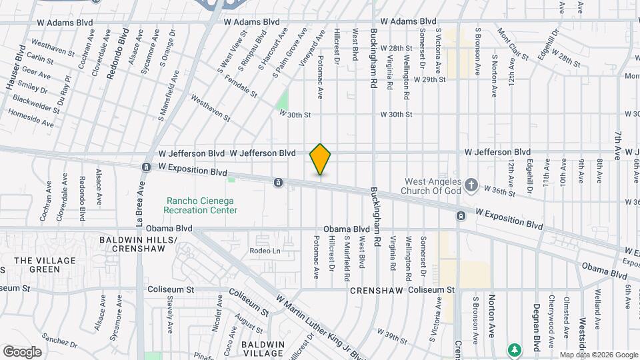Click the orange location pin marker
(321, 159)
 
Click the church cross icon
(471, 184)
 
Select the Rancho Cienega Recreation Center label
(201, 205)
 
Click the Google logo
(22, 351)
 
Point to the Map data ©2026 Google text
(598, 355)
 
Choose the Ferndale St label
(241, 84)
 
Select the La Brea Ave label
(140, 199)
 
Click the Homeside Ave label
(31, 118)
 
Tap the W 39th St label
(392, 337)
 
